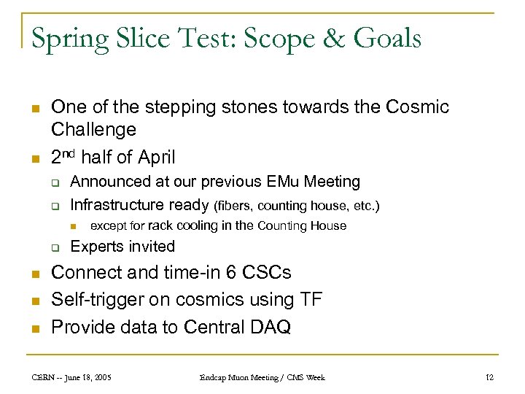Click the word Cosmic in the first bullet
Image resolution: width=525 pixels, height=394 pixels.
pyautogui.click(x=414, y=107)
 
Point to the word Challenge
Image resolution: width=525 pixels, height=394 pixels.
pyautogui.click(x=93, y=130)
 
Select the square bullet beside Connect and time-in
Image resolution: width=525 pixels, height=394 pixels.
pyautogui.click(x=35, y=274)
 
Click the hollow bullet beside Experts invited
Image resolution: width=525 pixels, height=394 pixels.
pyautogui.click(x=55, y=247)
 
